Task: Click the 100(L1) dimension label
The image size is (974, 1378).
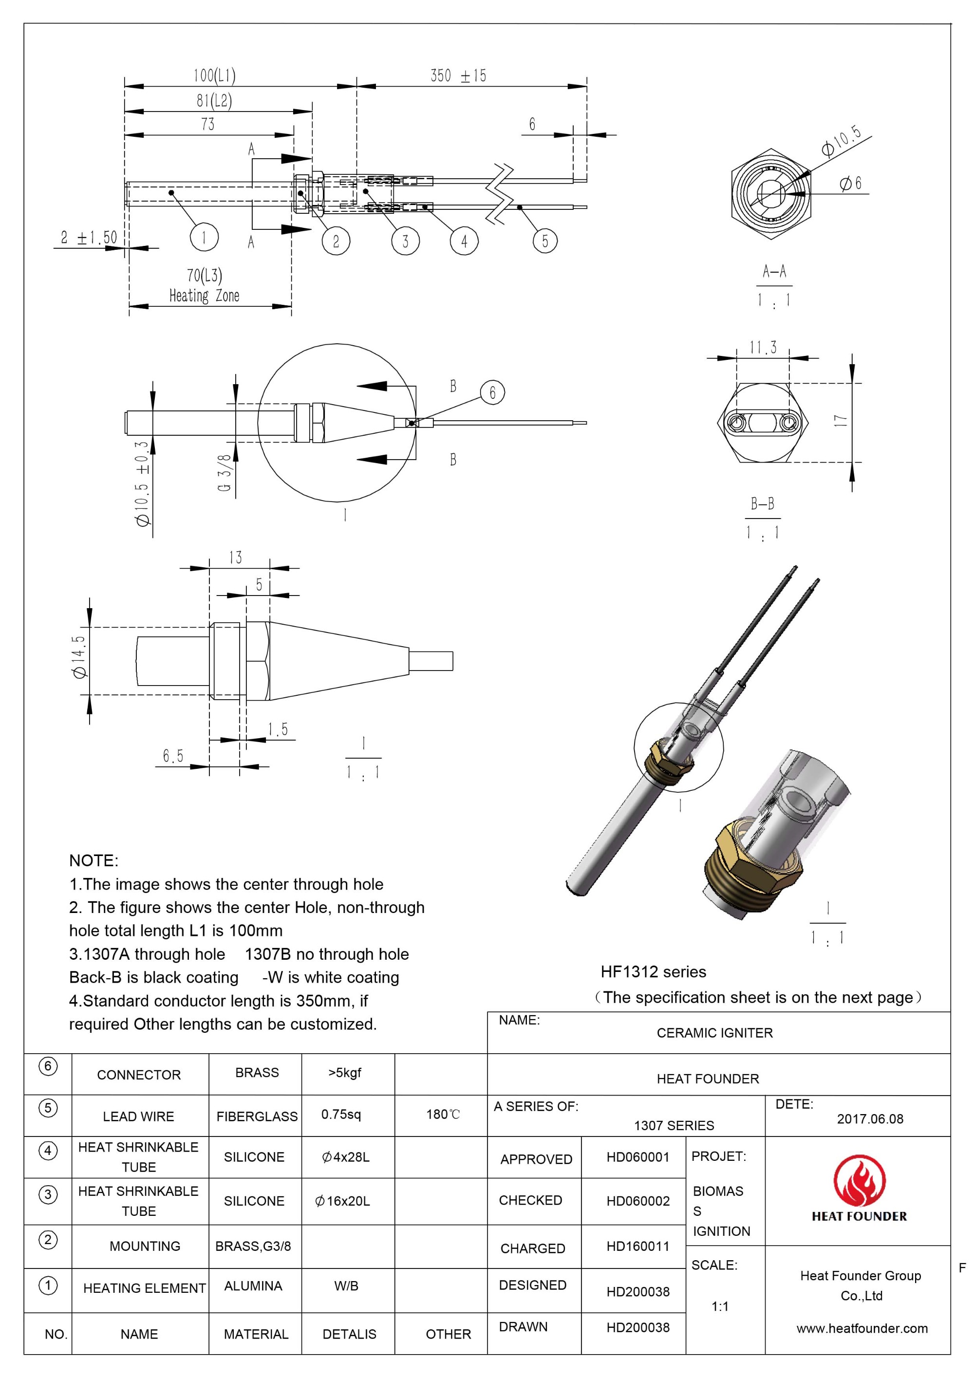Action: pyautogui.click(x=214, y=75)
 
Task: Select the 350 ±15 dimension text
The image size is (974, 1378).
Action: pyautogui.click(x=458, y=75)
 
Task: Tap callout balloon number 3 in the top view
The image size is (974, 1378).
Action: pyautogui.click(x=405, y=241)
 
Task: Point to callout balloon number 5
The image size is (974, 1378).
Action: pyautogui.click(x=545, y=241)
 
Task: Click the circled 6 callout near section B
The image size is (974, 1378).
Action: pyautogui.click(x=492, y=392)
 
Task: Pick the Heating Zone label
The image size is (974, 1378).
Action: pyautogui.click(x=204, y=295)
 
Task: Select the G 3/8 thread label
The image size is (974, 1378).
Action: pyautogui.click(x=225, y=472)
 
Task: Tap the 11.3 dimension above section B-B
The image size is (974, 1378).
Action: pyautogui.click(x=762, y=348)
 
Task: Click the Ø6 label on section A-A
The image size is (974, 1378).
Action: pyautogui.click(x=850, y=183)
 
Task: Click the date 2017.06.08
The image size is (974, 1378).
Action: pyautogui.click(x=870, y=1119)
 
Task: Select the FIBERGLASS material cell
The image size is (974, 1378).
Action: pyautogui.click(x=257, y=1117)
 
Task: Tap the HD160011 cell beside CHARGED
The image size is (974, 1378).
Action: pyautogui.click(x=637, y=1246)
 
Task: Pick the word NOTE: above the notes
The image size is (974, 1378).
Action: pyautogui.click(x=94, y=861)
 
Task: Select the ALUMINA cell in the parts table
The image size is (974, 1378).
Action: pyautogui.click(x=253, y=1285)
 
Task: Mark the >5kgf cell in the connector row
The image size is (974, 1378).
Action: pyautogui.click(x=344, y=1073)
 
